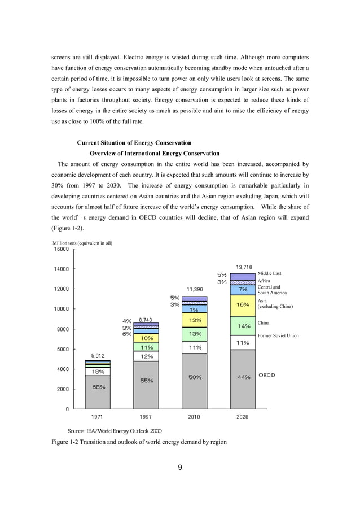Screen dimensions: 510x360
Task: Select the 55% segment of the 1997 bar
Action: (x=147, y=381)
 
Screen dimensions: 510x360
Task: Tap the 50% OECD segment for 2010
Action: (x=195, y=377)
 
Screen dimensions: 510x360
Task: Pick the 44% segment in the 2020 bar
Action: (x=243, y=377)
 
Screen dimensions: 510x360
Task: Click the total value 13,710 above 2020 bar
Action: (x=244, y=267)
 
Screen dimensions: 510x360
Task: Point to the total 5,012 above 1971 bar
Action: (x=98, y=356)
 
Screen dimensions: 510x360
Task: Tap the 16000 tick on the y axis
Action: (x=61, y=249)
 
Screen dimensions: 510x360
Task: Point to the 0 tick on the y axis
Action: (x=67, y=409)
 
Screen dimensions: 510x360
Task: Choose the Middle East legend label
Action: (x=269, y=273)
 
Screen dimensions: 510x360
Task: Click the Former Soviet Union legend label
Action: (x=278, y=336)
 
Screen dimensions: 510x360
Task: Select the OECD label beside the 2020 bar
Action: (x=267, y=376)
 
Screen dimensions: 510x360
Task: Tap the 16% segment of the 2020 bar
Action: (x=243, y=304)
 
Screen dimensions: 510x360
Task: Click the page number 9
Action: (x=179, y=467)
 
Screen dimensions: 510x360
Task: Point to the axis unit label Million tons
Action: (x=82, y=243)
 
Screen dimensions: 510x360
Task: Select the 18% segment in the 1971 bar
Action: (x=98, y=372)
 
